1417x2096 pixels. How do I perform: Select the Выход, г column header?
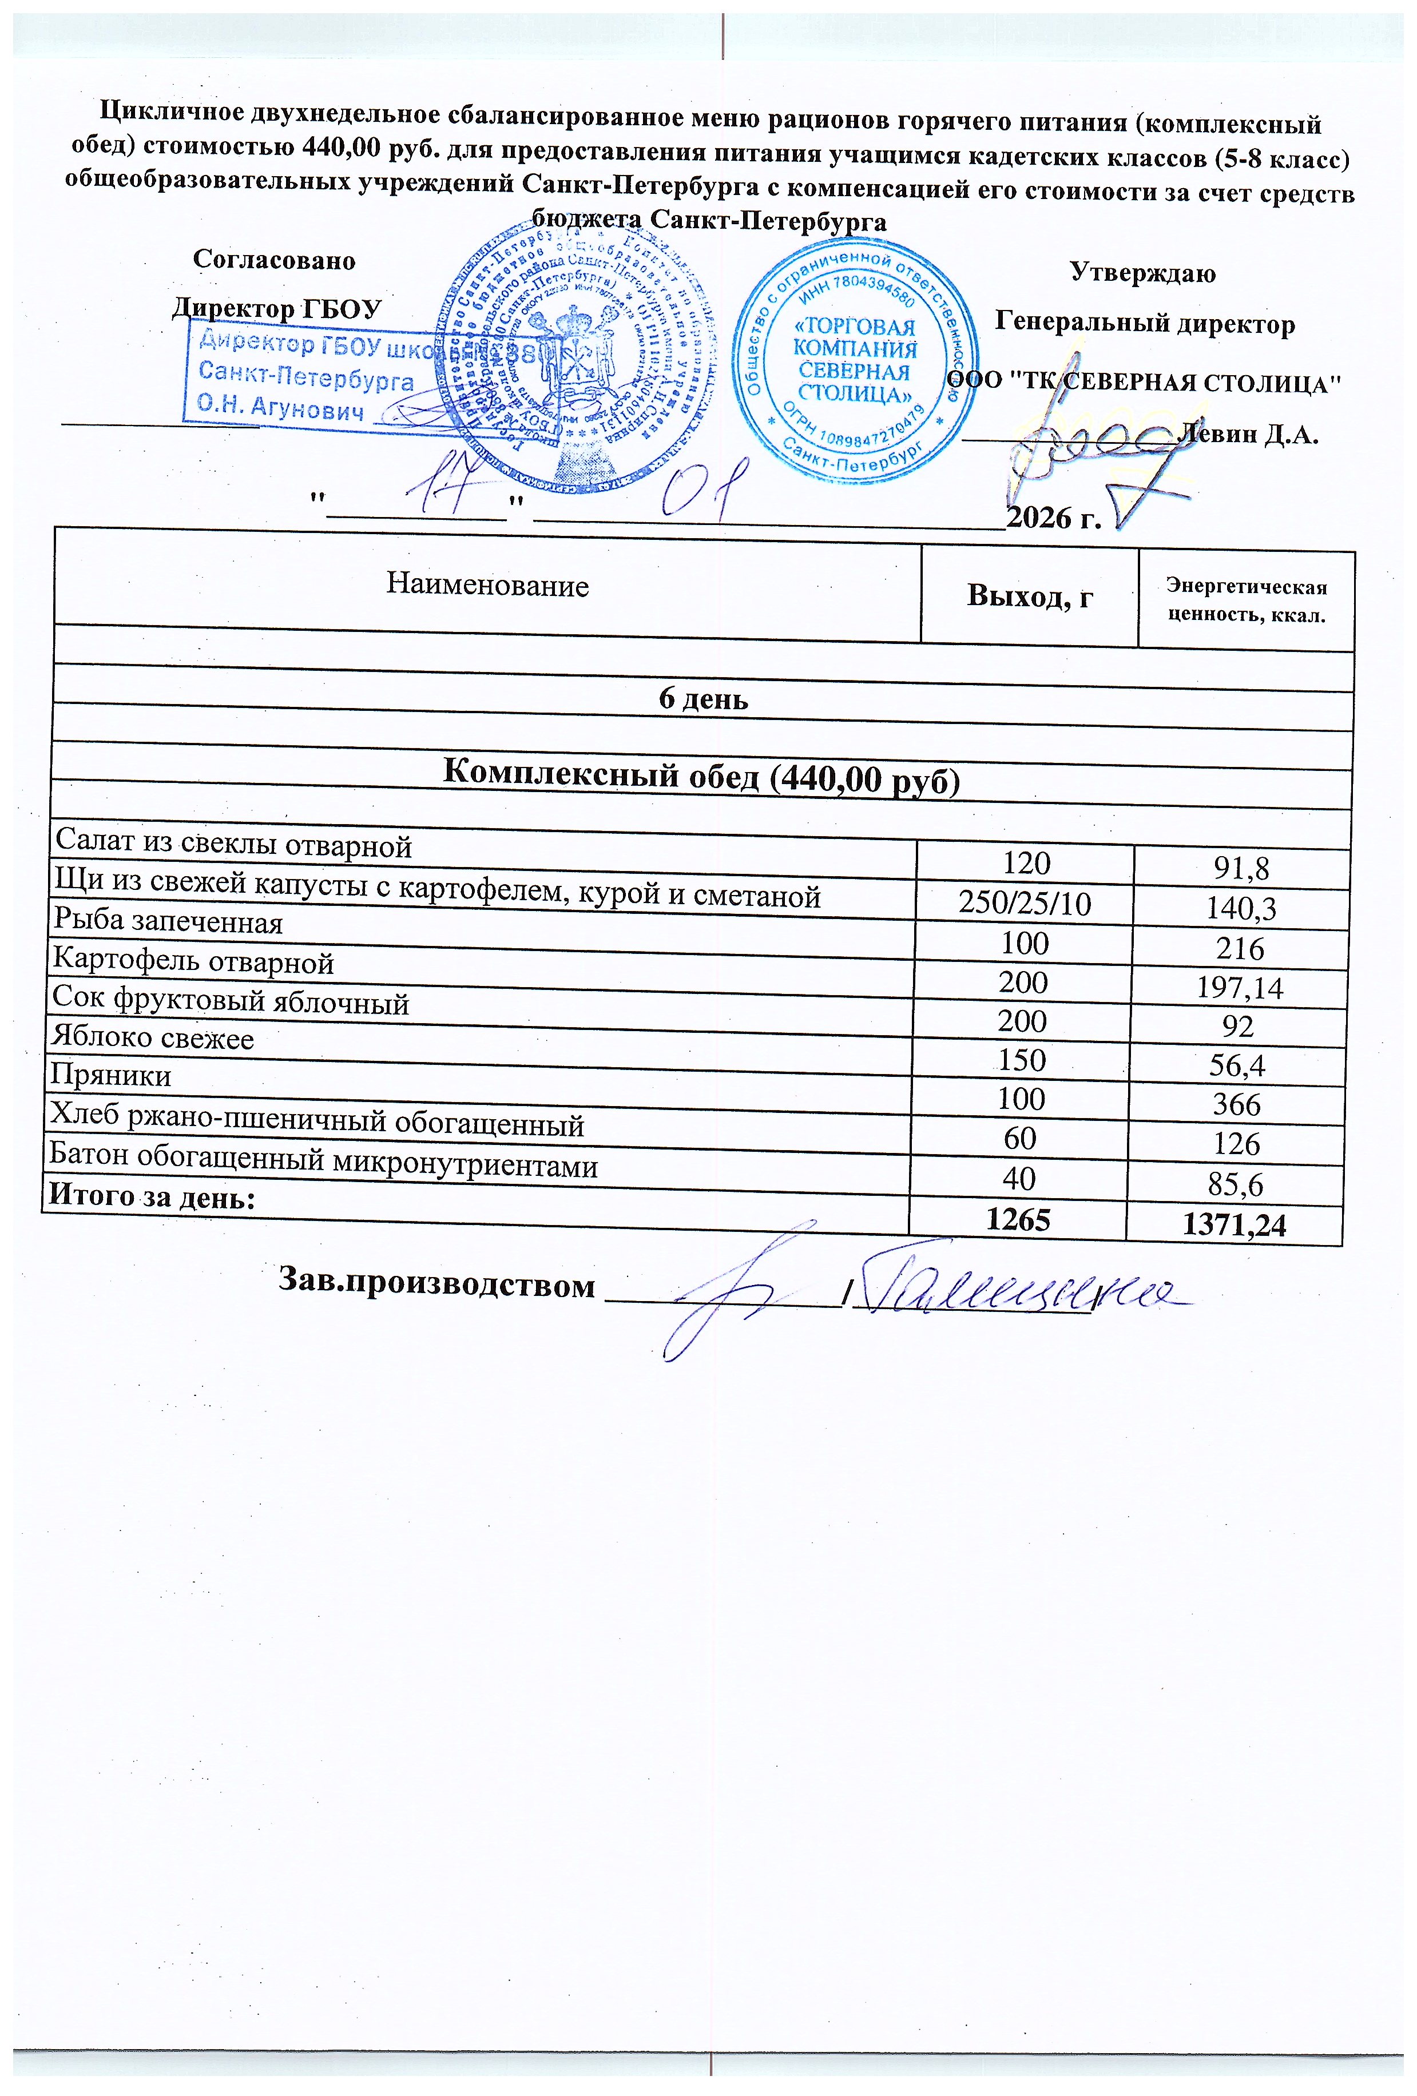coord(1029,596)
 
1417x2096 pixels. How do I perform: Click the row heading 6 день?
coord(702,699)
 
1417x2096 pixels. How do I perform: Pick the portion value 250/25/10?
coord(1025,903)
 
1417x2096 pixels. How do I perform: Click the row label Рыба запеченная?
coord(168,922)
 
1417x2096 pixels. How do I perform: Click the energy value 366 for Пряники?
coord(1237,1105)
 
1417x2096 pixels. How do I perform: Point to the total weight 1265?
coord(1018,1219)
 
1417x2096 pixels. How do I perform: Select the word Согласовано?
coord(274,261)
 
